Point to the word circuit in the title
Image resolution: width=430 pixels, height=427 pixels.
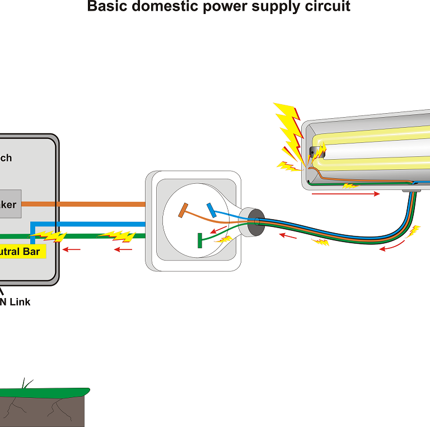(326, 7)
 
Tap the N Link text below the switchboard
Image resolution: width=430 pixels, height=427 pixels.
(15, 302)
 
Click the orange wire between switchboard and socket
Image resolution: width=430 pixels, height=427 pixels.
(101, 204)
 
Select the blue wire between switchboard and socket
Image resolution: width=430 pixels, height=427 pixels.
(101, 224)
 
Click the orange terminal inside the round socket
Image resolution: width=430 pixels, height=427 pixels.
(183, 210)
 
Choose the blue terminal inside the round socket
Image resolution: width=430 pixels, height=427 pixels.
(211, 210)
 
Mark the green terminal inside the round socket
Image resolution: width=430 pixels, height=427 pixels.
(199, 240)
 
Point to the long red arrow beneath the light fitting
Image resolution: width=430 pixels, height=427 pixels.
(345, 194)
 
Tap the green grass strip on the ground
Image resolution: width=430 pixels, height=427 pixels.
(45, 391)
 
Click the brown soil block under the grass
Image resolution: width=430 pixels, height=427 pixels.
(42, 412)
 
